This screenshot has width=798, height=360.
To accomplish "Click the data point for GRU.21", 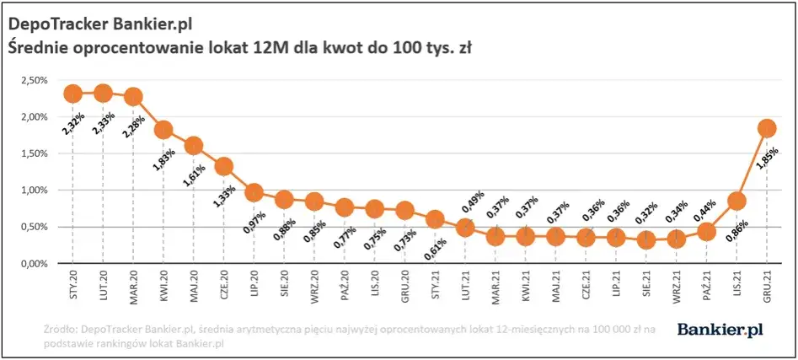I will tap(766, 128).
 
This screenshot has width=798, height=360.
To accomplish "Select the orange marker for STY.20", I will tap(72, 94).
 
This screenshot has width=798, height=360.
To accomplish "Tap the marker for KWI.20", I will tap(163, 130).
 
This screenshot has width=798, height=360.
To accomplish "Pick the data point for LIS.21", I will tap(736, 201).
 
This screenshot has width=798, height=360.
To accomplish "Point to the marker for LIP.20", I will tap(254, 192).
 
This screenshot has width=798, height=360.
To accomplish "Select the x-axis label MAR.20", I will tap(133, 286).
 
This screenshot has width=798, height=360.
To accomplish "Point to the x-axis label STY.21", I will tap(435, 286).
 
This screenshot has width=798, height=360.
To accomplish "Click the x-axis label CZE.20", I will tap(224, 286).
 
